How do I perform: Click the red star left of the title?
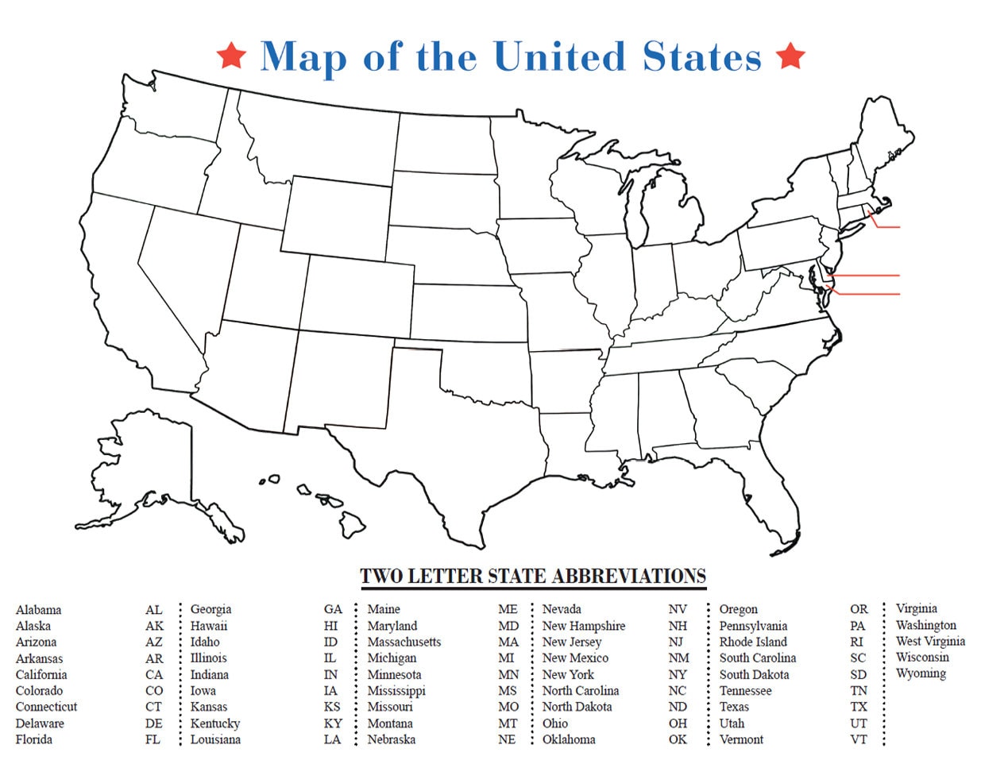(231, 56)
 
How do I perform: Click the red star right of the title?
(790, 56)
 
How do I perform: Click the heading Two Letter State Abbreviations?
(533, 576)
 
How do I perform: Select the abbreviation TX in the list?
(859, 707)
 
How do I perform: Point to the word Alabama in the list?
(38, 610)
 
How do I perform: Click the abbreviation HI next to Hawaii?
(331, 626)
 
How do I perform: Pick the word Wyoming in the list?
(921, 673)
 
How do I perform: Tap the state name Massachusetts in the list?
(404, 642)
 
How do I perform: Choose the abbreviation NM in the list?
(678, 658)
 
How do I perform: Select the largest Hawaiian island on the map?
(353, 523)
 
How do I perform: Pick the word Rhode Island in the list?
(753, 642)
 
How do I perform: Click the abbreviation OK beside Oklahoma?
(678, 739)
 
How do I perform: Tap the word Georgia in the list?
(210, 609)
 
